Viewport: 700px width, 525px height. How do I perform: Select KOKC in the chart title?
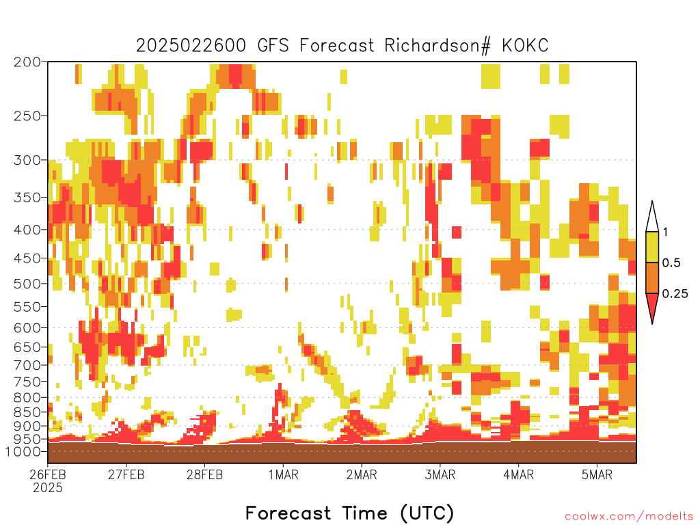(525, 46)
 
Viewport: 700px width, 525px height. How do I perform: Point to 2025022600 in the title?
(191, 46)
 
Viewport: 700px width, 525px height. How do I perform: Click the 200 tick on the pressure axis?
(27, 62)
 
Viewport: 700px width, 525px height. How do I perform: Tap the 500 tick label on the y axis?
(27, 284)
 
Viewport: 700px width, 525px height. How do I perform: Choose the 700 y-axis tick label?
(27, 365)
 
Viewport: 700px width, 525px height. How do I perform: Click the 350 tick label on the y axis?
(27, 198)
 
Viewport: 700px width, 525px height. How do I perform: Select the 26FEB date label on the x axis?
(48, 474)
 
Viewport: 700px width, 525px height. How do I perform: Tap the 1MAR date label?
(283, 474)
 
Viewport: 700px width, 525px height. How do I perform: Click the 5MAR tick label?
(597, 474)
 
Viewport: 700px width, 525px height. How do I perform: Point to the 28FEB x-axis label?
(204, 474)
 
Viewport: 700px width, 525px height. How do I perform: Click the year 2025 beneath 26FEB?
(48, 488)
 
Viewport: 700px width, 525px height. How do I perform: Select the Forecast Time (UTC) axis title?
(349, 513)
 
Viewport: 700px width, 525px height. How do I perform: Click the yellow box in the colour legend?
(652, 247)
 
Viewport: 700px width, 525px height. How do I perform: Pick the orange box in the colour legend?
(652, 278)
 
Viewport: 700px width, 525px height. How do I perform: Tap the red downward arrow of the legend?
(652, 306)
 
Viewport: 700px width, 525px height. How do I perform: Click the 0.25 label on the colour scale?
(675, 294)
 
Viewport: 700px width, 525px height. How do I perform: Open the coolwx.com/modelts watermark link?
(629, 517)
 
